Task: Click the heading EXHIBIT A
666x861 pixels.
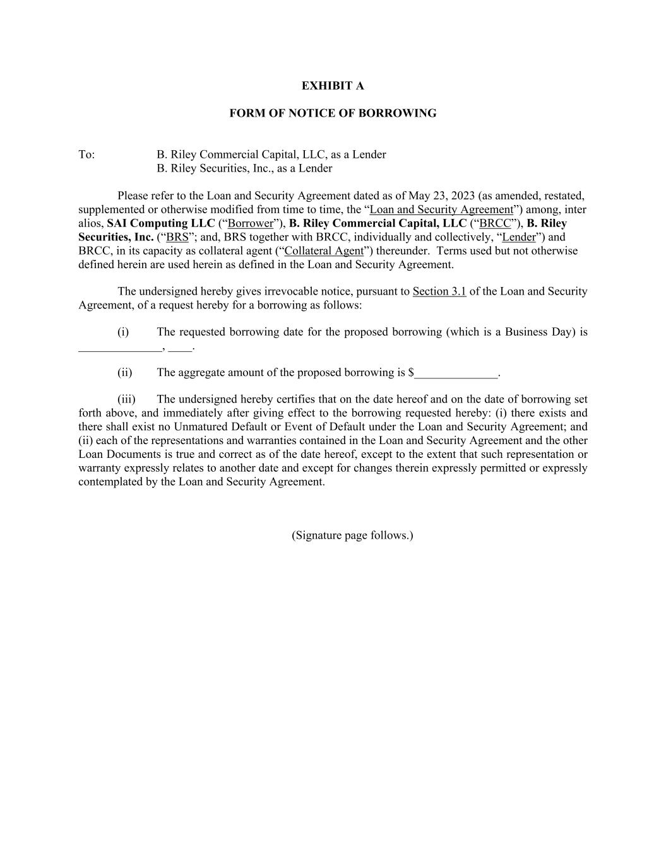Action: coord(333,86)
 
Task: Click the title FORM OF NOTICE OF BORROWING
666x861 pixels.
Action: coord(333,114)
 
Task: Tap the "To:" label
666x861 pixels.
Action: coord(86,155)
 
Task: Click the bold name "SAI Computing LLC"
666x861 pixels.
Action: coord(161,223)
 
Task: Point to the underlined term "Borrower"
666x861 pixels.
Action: coord(251,223)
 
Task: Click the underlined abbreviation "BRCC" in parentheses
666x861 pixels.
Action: coord(496,223)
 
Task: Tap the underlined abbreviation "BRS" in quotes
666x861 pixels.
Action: coord(177,237)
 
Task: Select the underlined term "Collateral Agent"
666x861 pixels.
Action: coord(324,251)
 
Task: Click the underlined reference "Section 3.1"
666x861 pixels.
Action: coord(439,291)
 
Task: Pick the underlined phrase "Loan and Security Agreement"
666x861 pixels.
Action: coord(441,209)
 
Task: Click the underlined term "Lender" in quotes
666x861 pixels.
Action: coord(519,237)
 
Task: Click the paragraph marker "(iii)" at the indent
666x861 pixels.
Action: coord(126,399)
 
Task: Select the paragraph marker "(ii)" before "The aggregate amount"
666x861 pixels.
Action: coord(125,372)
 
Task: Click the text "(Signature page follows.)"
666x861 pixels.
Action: coord(352,536)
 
